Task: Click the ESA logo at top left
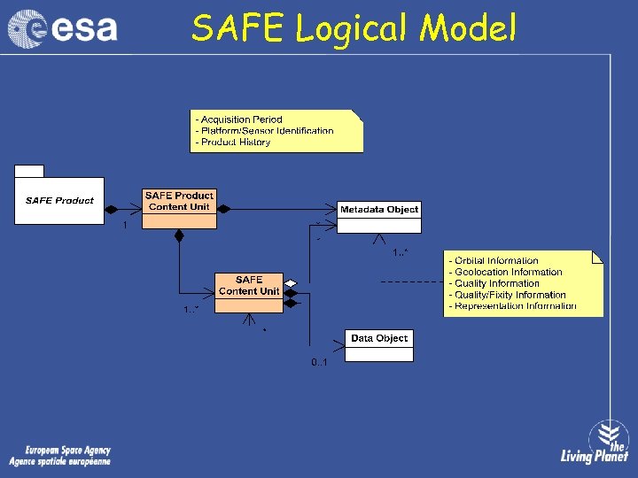(x=63, y=27)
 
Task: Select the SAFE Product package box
(x=58, y=199)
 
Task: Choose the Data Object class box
(x=379, y=345)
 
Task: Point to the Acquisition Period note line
(x=238, y=119)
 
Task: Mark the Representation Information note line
(x=513, y=306)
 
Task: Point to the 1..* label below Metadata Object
(x=401, y=252)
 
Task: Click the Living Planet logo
(x=595, y=443)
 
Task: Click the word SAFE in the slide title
(x=239, y=28)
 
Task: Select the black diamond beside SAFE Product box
(x=112, y=209)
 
